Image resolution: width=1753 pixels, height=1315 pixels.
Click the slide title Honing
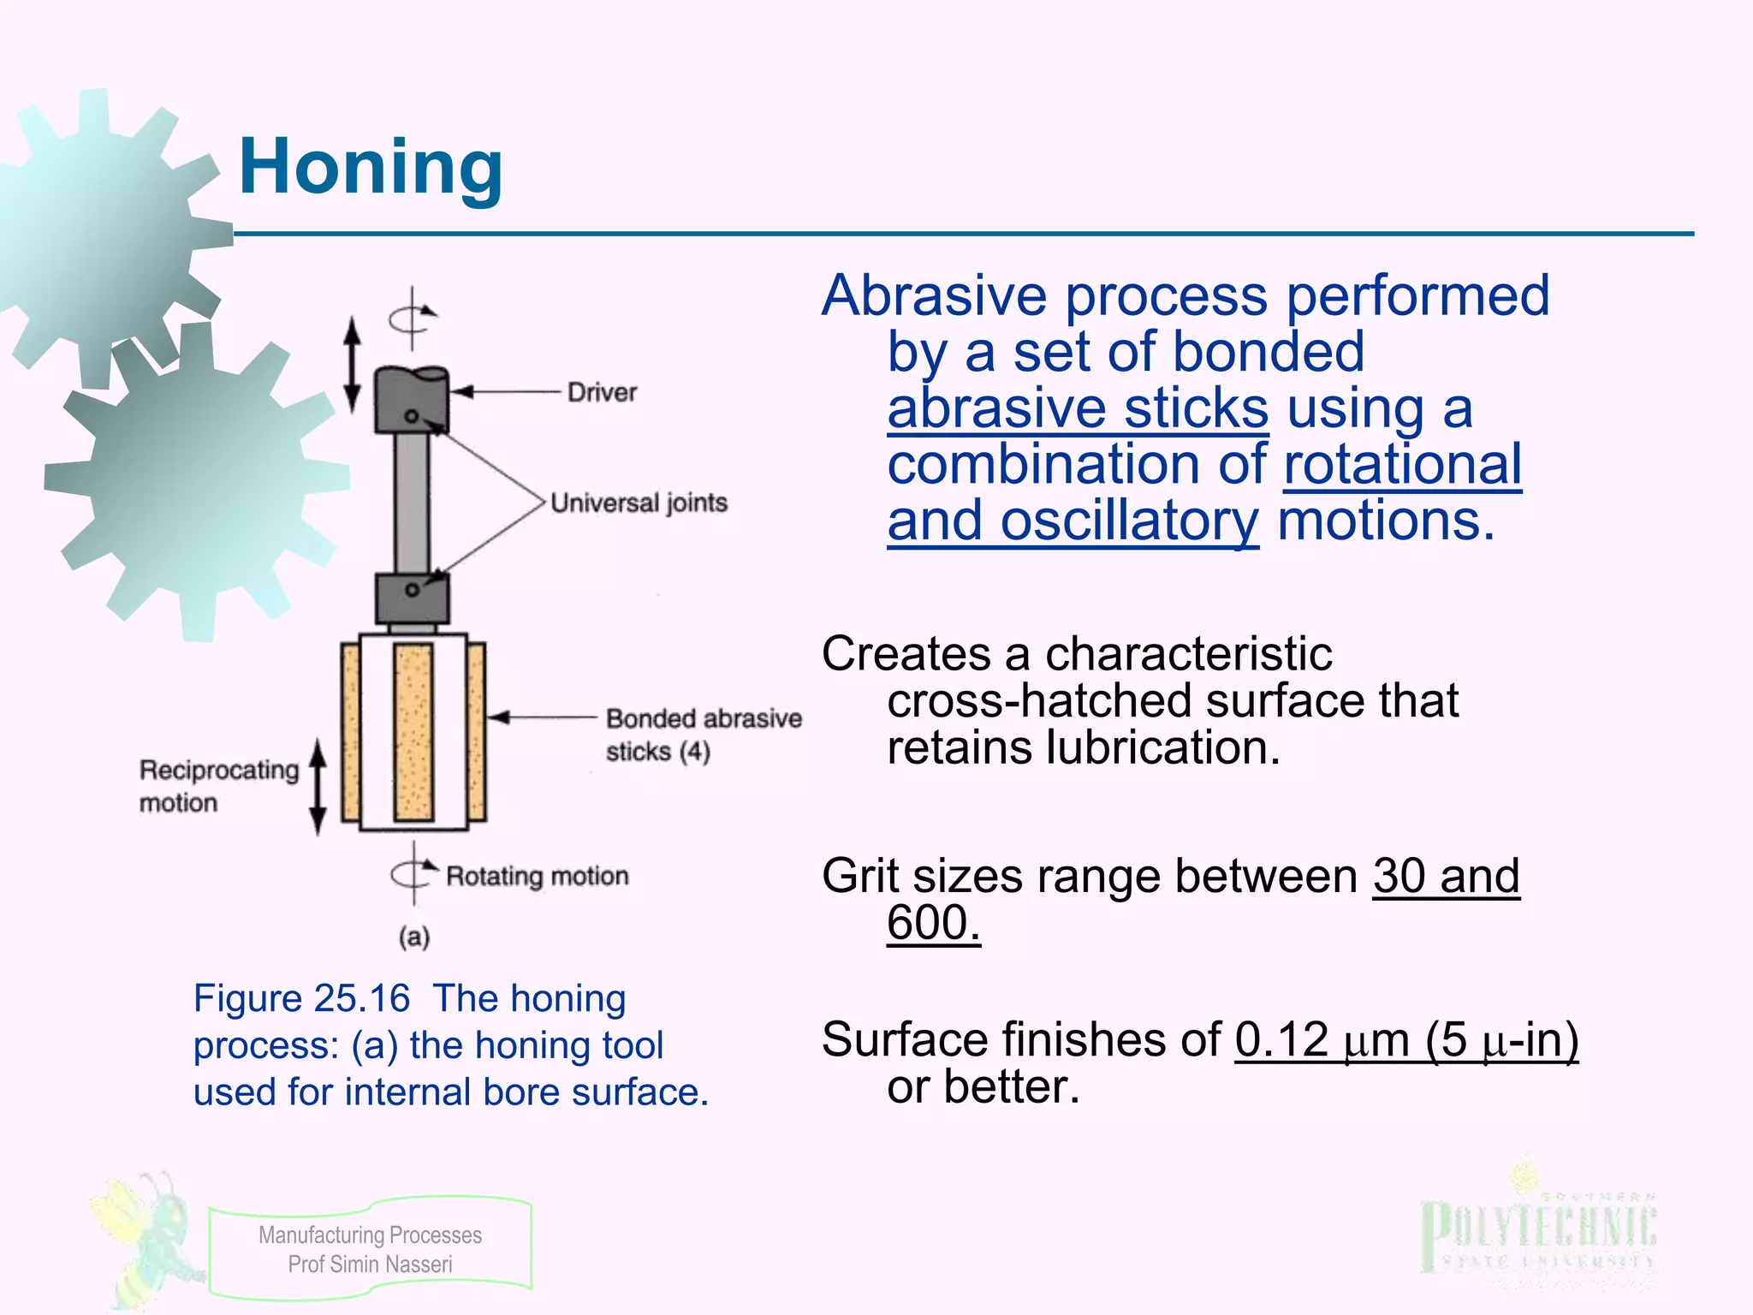371,168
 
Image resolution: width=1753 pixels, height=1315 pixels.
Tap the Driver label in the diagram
602,393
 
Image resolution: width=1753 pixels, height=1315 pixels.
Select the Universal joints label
639,503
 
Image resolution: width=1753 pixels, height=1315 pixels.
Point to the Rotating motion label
538,877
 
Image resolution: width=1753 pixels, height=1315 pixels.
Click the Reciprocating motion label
219,786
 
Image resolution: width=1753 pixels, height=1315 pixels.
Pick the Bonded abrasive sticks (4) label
703,735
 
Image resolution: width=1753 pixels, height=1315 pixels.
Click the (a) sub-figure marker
414,937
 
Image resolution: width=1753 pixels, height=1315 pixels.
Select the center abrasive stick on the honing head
413,732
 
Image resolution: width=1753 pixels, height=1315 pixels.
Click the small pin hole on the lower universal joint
412,590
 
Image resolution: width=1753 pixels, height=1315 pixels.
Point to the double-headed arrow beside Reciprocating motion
318,786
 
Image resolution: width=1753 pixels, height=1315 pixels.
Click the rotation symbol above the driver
412,319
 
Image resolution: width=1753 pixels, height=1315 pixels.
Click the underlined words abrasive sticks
1078,408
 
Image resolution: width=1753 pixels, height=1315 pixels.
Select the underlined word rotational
1402,465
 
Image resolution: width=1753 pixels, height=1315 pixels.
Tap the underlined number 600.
933,923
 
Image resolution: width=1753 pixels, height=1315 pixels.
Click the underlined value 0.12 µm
1322,1040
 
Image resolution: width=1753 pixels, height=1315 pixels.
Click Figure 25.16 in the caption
301,999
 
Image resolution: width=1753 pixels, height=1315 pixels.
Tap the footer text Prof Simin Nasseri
370,1264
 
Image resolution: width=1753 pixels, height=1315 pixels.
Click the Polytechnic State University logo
1538,1233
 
